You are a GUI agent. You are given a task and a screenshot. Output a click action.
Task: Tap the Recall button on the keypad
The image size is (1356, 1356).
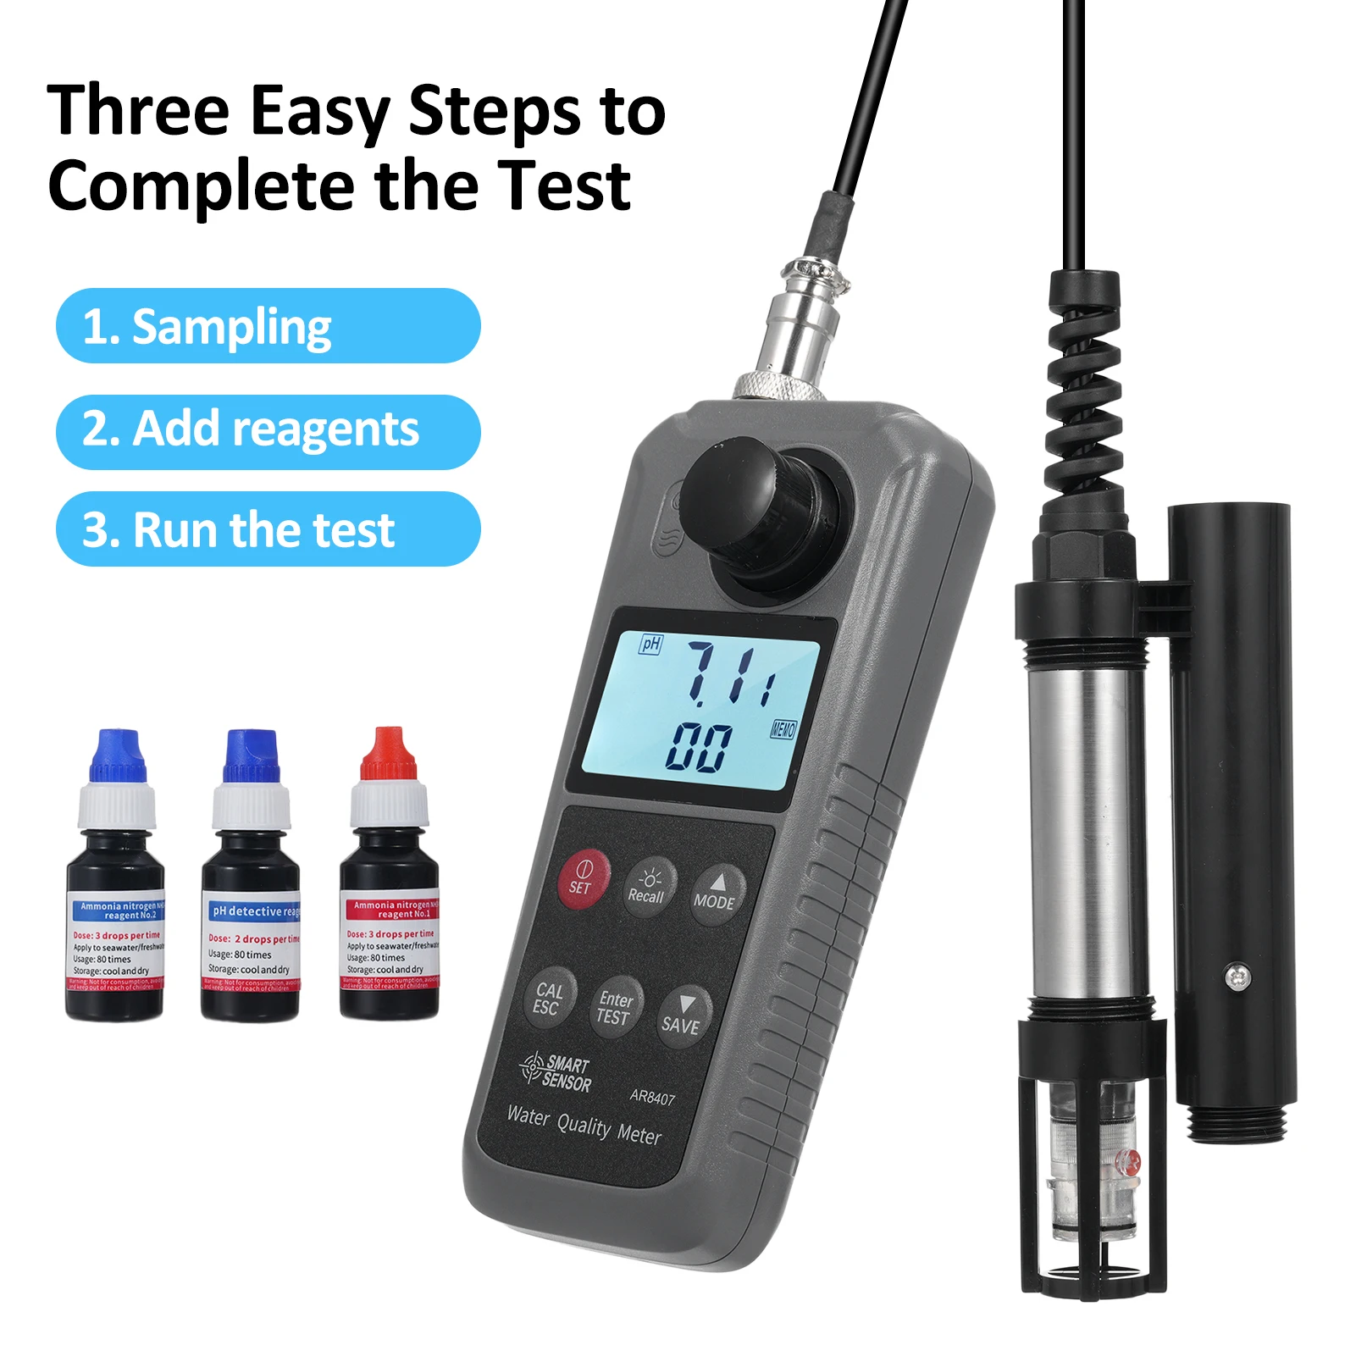tap(648, 886)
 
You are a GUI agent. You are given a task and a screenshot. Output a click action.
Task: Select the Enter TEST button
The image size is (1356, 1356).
tap(615, 1007)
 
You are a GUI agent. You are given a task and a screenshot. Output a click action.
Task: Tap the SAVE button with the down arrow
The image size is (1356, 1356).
tap(682, 1016)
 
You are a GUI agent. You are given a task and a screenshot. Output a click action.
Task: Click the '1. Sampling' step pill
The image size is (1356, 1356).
tap(268, 326)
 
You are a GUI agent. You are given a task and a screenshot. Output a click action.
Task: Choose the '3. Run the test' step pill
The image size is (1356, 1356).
tap(268, 529)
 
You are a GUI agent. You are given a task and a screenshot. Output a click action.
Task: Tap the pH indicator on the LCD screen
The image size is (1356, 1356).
tap(650, 645)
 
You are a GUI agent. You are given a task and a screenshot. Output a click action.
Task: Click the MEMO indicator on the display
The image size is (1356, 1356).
tap(783, 729)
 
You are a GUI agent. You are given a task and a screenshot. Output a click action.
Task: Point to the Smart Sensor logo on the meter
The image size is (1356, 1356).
tap(556, 1072)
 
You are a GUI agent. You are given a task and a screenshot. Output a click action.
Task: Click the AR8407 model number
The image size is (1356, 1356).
tap(652, 1097)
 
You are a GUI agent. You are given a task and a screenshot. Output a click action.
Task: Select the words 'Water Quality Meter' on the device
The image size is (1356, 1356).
tap(584, 1126)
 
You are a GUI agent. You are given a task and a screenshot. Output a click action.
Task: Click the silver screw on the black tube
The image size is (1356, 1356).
tap(1237, 977)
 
